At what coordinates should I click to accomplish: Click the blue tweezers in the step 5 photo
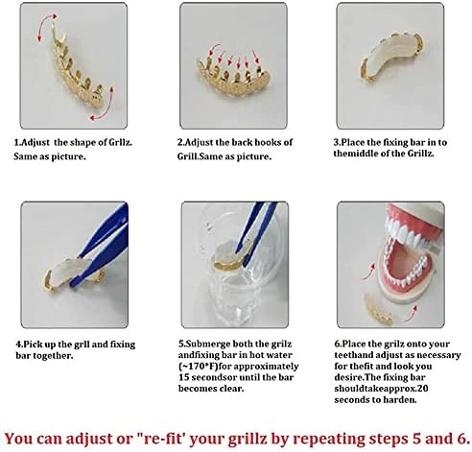tap(254, 249)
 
